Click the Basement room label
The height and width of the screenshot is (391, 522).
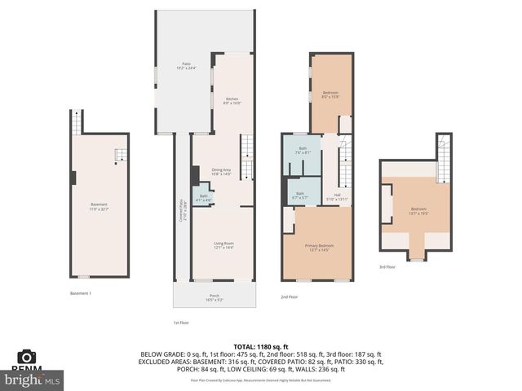coord(100,206)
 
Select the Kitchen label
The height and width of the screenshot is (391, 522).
coord(232,101)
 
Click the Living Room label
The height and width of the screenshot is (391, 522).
coord(223,245)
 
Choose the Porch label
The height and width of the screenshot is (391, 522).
coord(215,297)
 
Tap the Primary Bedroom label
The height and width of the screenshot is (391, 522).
coord(319,247)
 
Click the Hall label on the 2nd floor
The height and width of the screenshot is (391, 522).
coord(338,196)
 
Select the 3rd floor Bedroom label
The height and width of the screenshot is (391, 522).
coord(418,211)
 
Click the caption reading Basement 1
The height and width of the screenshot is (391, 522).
coord(80,293)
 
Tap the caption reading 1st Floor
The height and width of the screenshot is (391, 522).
coord(181,323)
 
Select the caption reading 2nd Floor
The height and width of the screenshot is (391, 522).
coord(290,297)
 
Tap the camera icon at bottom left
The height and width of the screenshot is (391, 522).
coord(27,356)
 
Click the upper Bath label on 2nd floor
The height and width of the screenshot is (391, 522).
coord(302,151)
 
